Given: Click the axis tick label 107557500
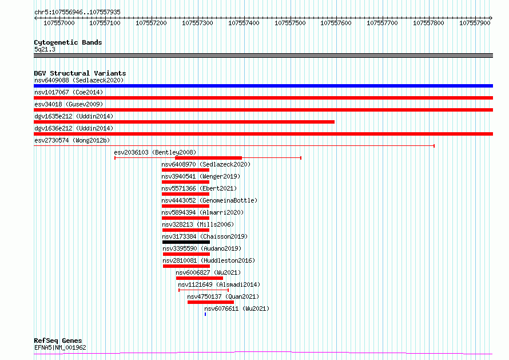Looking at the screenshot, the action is tap(290, 23).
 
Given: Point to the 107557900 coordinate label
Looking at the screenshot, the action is tap(475, 23).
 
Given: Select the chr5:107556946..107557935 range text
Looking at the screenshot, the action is tap(77, 12).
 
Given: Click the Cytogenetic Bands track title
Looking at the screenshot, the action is tap(68, 42).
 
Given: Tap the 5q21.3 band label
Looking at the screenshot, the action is tap(45, 49).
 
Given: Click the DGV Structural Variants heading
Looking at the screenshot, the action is tap(80, 73).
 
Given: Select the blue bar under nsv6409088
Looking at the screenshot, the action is tap(263, 86).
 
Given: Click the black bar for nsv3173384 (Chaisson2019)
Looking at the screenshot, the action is tap(186, 242).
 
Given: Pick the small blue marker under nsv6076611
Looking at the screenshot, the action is tap(205, 314).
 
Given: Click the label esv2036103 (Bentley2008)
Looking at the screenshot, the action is tap(155, 152).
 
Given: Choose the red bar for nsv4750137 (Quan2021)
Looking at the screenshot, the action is tap(210, 302).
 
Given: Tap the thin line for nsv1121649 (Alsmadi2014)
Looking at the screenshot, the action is tap(204, 290).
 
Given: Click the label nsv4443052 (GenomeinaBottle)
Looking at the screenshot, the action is tap(209, 200).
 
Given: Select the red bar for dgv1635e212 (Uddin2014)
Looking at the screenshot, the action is tap(184, 122).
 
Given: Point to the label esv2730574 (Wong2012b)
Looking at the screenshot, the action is tap(72, 140).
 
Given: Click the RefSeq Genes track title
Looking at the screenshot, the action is tap(58, 341).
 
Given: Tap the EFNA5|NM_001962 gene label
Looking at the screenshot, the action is tap(60, 347).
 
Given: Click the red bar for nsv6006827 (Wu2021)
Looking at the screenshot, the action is tap(200, 278).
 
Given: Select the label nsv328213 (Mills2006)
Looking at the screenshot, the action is tap(198, 224).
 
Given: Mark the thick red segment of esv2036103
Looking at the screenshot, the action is tap(208, 158).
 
